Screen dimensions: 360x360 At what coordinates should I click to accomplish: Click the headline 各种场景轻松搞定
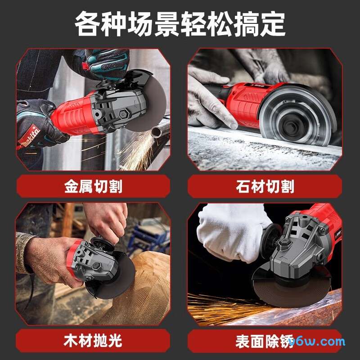point(180,24)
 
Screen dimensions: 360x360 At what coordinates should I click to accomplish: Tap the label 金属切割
point(93,186)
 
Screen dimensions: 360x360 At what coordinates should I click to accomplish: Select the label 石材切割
point(265,186)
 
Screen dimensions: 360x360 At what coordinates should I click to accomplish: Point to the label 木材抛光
point(93,341)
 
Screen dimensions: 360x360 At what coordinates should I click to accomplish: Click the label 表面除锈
point(265,341)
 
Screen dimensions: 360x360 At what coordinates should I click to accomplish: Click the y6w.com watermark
point(318,342)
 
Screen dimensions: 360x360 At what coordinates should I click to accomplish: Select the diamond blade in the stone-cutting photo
point(298,116)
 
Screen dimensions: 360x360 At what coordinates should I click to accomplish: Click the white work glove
point(232,232)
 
